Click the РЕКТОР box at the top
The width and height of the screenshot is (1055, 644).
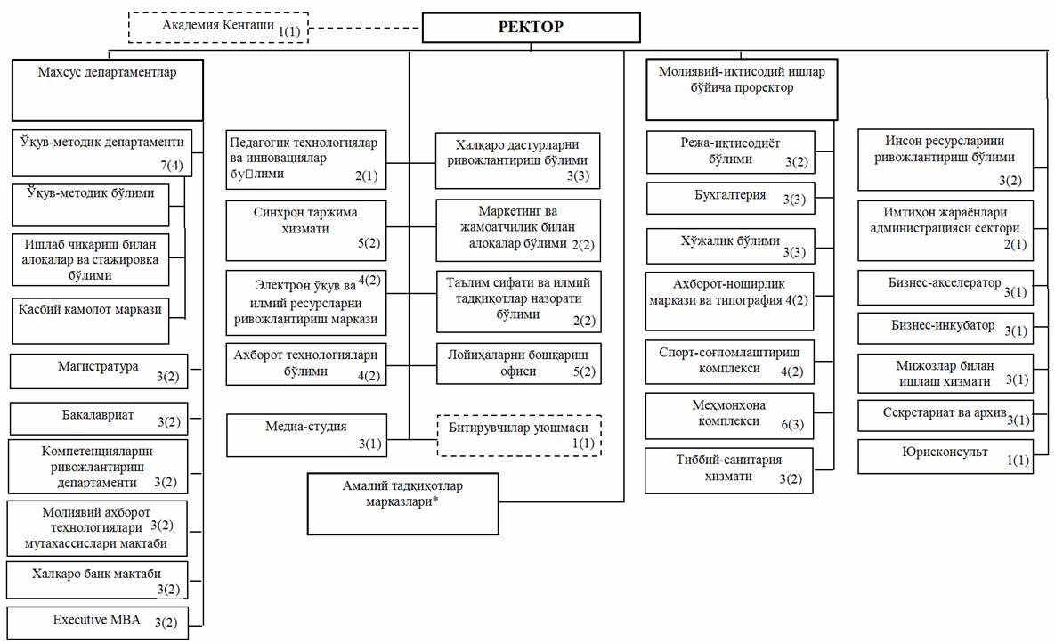click(530, 27)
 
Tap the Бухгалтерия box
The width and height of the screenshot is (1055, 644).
click(729, 198)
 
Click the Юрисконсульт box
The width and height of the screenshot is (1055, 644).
click(945, 455)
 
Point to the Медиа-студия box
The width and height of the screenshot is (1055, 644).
click(306, 434)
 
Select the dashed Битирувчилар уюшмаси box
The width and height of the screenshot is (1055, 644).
click(519, 435)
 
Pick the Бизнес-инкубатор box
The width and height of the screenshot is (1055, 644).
click(945, 328)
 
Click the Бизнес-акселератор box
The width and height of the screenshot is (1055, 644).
click(945, 286)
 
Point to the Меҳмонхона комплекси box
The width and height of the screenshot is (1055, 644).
click(729, 415)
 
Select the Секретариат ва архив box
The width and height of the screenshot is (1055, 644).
click(945, 414)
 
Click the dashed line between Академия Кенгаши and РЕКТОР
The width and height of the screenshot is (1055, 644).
click(364, 28)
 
